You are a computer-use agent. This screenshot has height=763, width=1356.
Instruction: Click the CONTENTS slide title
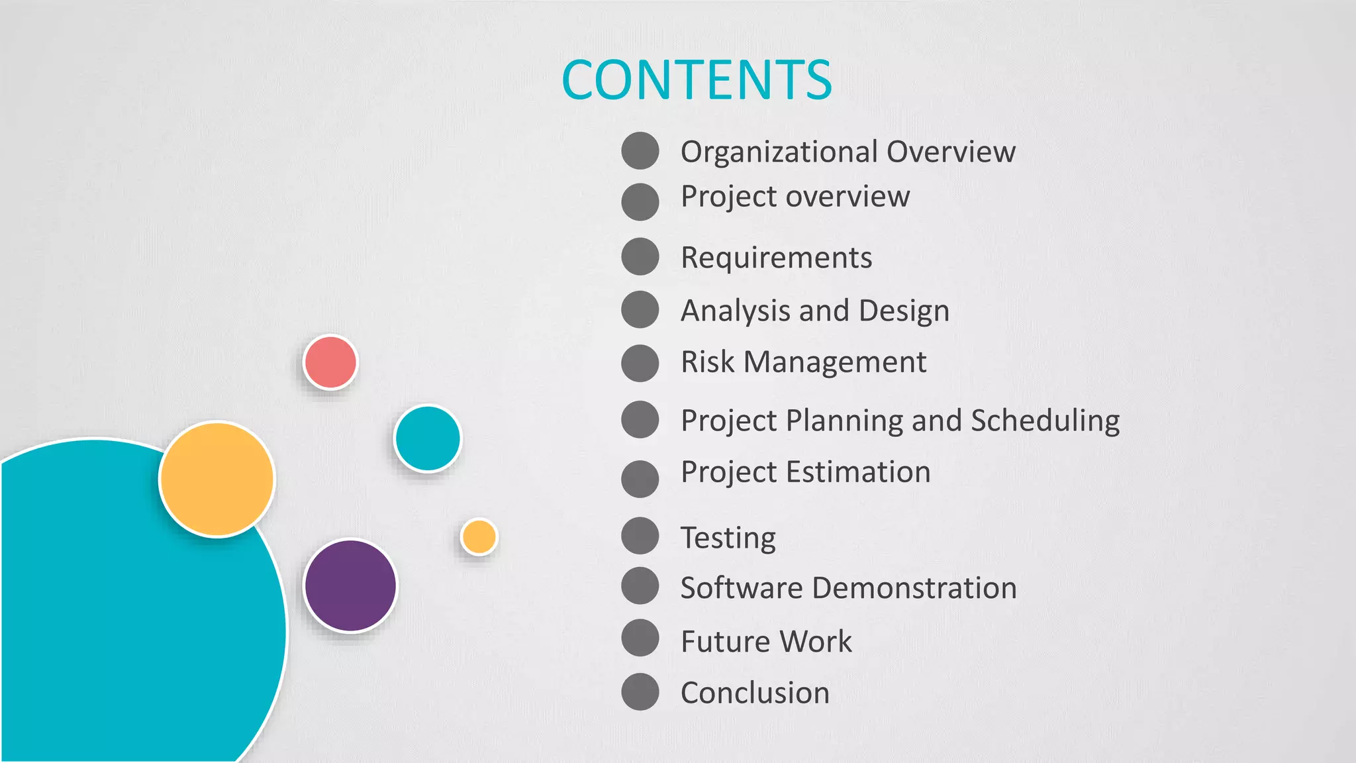pos(697,80)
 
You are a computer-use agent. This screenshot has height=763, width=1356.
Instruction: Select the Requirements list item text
pos(776,258)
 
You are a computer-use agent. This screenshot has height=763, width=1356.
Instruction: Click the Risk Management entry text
pos(803,362)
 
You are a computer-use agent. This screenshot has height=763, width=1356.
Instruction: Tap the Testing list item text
pos(728,537)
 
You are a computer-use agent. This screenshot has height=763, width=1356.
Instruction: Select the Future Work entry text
pos(766,641)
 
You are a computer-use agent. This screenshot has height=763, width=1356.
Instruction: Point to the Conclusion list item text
pos(755,693)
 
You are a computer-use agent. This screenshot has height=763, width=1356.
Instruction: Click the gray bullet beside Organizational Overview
pos(640,150)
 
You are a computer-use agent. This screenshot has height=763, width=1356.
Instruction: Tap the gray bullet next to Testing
pos(640,535)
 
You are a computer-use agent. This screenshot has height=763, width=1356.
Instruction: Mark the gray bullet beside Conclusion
pos(640,691)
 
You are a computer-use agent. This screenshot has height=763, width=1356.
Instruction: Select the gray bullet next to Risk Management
pos(640,363)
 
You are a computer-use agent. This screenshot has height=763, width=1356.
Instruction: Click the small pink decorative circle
pos(330,362)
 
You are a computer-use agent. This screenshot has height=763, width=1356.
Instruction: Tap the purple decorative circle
pos(350,585)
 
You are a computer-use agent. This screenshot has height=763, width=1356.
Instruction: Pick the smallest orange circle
pos(479,536)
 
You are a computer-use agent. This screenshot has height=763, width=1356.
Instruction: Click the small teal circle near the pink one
pos(427,438)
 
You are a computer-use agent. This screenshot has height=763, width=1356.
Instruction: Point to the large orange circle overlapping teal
pos(217,479)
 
